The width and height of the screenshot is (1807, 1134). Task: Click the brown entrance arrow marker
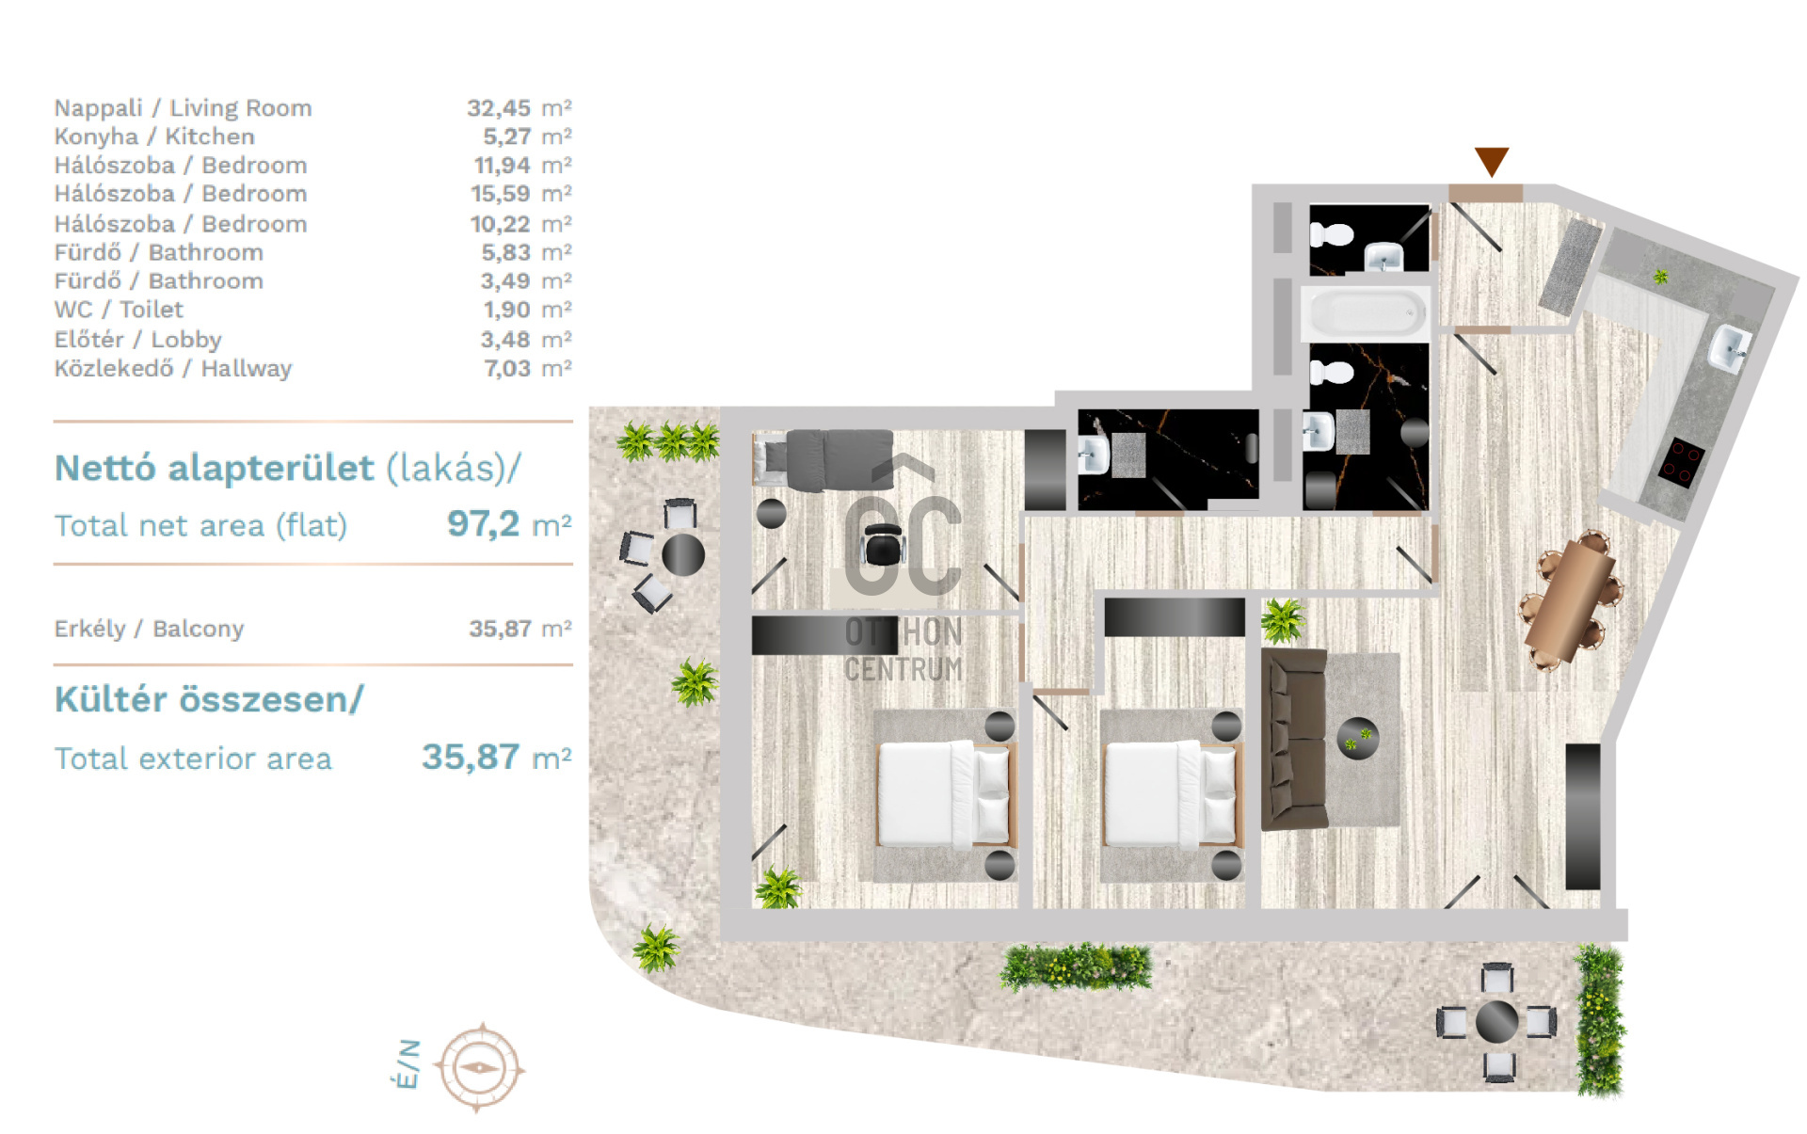(1491, 161)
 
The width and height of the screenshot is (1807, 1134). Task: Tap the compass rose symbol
(478, 1068)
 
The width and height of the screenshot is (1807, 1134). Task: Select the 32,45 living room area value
(499, 108)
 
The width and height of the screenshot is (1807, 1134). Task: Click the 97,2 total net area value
(484, 523)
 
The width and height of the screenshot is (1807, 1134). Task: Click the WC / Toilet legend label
(119, 310)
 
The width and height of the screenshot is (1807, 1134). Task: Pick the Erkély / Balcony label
(149, 629)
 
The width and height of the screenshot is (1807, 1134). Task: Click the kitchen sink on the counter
(1730, 348)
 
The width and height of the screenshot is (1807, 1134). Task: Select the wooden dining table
(1569, 600)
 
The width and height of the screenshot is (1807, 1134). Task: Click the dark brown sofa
(1291, 739)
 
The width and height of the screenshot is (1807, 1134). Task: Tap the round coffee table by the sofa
(1358, 738)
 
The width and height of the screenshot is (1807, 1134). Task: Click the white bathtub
(1367, 313)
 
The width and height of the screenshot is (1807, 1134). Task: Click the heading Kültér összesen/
(209, 700)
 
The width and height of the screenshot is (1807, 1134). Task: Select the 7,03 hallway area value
(507, 369)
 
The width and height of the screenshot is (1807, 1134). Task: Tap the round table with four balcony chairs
(1496, 1021)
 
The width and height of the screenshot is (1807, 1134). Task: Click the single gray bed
(824, 460)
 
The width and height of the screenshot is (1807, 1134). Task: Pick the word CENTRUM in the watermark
(903, 669)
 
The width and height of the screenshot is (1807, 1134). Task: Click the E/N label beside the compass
(407, 1064)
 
